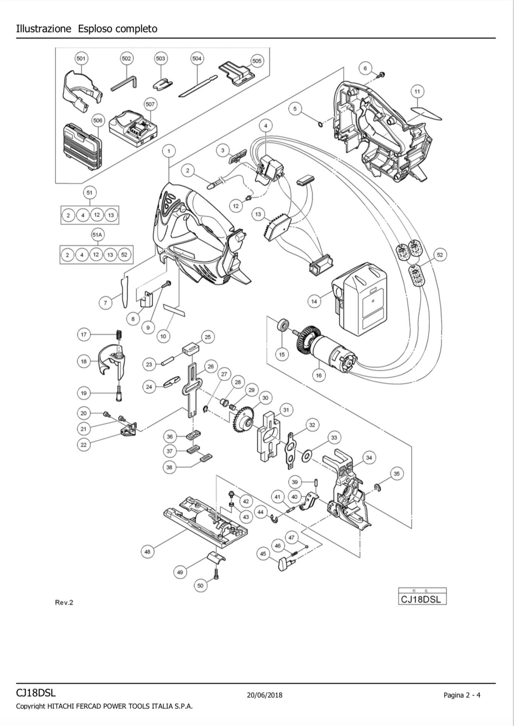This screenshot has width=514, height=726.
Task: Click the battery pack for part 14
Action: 361,299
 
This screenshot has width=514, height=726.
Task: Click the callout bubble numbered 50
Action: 200,585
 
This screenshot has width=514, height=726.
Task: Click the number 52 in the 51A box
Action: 124,255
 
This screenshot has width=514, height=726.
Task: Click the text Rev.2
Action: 64,602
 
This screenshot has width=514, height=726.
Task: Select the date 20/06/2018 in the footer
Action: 264,695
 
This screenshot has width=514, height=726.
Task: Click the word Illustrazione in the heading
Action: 44,29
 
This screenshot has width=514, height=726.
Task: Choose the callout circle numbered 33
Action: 334,438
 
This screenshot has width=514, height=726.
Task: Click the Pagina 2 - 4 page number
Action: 462,695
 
